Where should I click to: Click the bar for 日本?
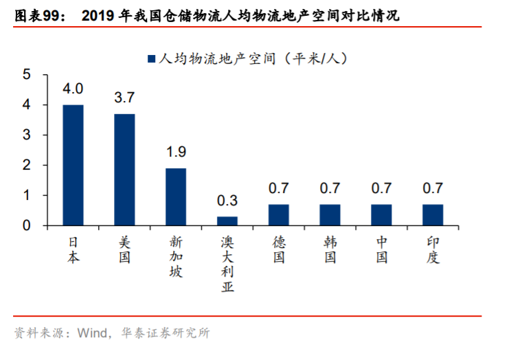(x=73, y=165)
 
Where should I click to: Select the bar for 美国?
(x=124, y=170)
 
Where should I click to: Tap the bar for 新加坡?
(x=176, y=196)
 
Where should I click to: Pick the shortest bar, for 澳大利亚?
(x=227, y=221)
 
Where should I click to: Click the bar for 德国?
(x=279, y=215)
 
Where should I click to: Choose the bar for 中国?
(x=381, y=215)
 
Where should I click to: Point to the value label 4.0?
(x=73, y=89)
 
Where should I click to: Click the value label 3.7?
(x=124, y=98)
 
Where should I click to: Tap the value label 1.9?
(x=176, y=152)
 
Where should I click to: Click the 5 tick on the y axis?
(x=27, y=75)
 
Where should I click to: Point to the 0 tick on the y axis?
(x=27, y=225)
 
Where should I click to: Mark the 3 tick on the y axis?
(x=27, y=135)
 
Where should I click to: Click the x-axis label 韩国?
(x=330, y=250)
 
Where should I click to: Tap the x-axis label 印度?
(x=433, y=250)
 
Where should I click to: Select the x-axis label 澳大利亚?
(x=227, y=265)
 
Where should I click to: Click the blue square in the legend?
(x=151, y=59)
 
